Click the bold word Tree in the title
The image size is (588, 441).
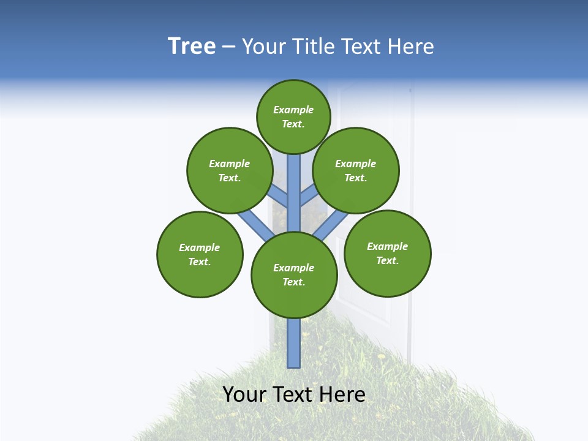(192, 47)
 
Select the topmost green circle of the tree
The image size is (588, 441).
(293, 116)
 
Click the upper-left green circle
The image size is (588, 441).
(230, 170)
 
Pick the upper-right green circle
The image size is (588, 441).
(356, 170)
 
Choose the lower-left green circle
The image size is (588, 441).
(200, 254)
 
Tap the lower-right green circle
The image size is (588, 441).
(387, 253)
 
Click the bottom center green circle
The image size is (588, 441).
(294, 274)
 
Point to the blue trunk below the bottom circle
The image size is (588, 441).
(294, 343)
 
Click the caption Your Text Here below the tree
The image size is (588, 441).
(294, 394)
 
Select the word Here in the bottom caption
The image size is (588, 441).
(342, 394)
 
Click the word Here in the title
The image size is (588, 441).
(411, 47)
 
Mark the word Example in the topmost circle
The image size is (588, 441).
(293, 110)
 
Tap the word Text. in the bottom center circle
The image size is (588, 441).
(293, 282)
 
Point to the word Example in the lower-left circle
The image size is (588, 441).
(200, 247)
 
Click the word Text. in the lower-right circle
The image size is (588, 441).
(387, 260)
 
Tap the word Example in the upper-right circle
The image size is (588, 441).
(356, 164)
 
